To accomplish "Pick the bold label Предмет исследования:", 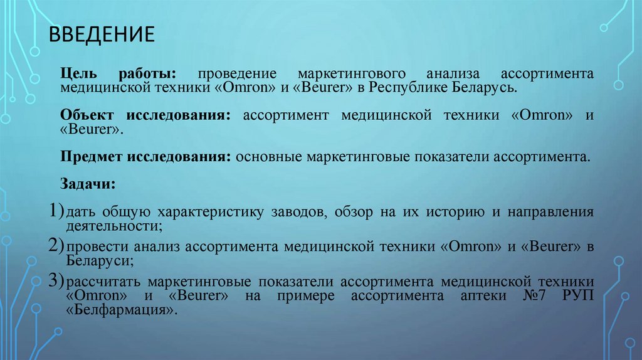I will point(146,157).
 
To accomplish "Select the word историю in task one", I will point(456,213).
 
